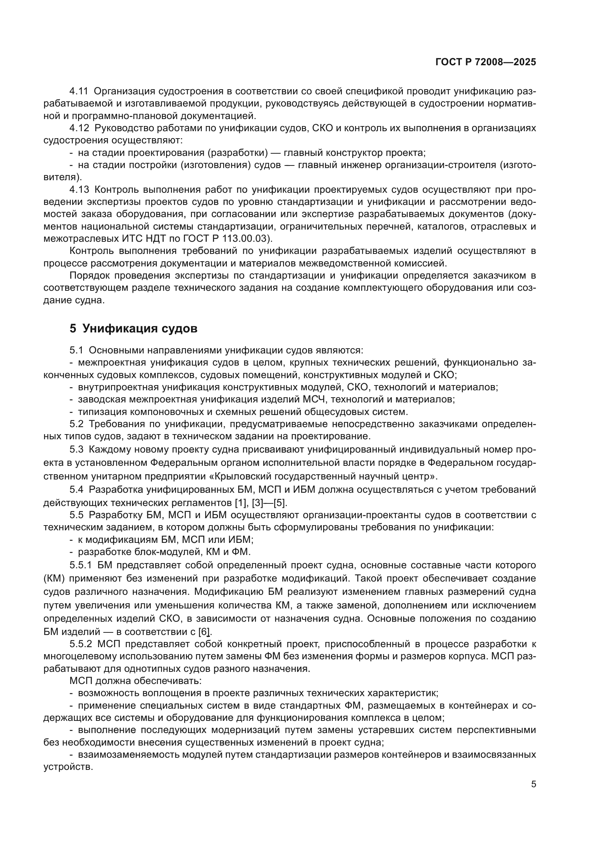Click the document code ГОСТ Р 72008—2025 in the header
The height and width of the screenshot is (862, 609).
(486, 62)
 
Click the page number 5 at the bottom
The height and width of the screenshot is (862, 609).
(533, 784)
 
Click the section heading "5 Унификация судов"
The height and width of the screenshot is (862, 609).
(133, 328)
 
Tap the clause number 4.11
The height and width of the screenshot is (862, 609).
(79, 91)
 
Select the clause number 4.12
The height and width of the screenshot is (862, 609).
(79, 128)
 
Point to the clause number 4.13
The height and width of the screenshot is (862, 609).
(79, 189)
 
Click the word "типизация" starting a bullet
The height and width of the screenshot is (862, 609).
(102, 412)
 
